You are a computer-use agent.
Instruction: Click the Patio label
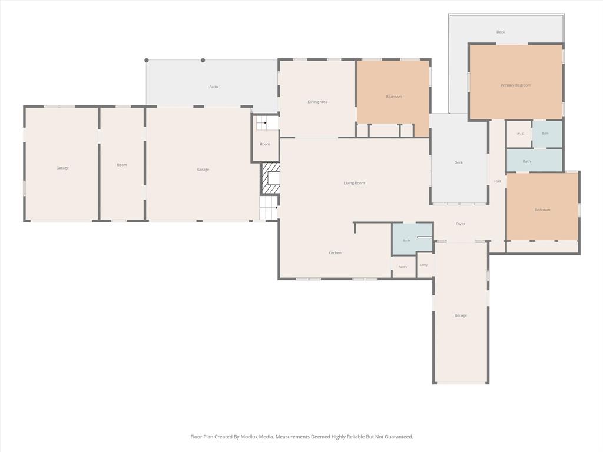[x=213, y=87]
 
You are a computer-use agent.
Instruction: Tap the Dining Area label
[x=317, y=102]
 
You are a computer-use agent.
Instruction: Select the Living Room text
[x=354, y=184]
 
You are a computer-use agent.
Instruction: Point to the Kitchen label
[x=335, y=253]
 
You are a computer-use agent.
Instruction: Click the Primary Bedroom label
[x=516, y=85]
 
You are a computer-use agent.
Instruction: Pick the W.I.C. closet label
[x=520, y=134]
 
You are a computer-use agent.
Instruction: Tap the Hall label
[x=497, y=181]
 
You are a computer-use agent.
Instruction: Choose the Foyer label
[x=460, y=224]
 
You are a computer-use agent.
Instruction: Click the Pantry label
[x=403, y=267]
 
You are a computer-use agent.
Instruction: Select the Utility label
[x=424, y=265]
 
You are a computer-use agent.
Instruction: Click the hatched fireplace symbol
[x=271, y=179]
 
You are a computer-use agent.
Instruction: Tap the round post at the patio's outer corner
[x=147, y=61]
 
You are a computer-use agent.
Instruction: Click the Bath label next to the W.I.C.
[x=545, y=134]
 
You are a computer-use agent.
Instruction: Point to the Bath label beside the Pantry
[x=406, y=241]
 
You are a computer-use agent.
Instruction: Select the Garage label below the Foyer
[x=460, y=315]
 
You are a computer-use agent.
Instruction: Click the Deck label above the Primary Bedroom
[x=501, y=32]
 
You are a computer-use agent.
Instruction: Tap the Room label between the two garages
[x=122, y=165]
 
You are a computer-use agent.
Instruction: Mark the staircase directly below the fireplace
[x=269, y=208]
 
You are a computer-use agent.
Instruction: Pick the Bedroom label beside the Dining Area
[x=394, y=97]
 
